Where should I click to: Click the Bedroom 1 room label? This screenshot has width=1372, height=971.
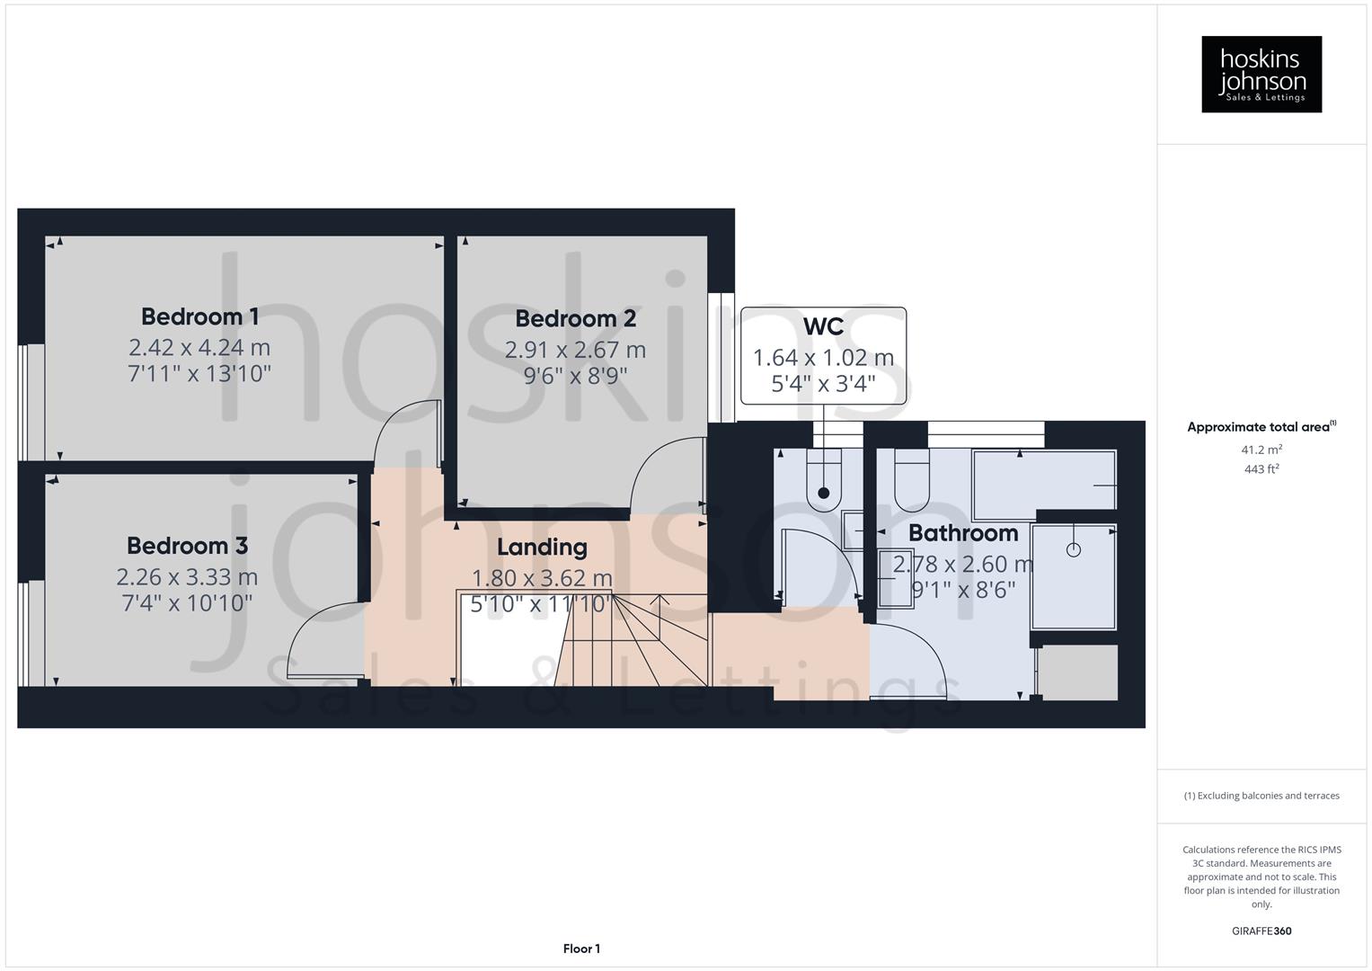(199, 316)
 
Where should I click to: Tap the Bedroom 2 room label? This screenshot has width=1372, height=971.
(575, 319)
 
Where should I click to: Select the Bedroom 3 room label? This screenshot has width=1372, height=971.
(187, 546)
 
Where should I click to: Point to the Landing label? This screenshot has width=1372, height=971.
(542, 547)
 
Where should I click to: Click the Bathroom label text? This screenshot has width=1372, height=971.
(962, 533)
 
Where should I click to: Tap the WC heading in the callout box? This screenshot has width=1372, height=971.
(823, 326)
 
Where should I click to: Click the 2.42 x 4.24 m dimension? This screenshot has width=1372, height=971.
(199, 347)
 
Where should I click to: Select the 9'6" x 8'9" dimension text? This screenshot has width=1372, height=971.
(575, 375)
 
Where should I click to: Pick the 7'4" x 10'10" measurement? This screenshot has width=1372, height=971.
(187, 602)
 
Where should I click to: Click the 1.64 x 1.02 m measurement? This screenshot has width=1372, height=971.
(823, 358)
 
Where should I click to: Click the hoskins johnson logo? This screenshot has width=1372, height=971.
(1261, 74)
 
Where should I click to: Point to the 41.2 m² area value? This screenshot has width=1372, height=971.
(1261, 450)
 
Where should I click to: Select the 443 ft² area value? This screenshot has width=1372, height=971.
(1261, 469)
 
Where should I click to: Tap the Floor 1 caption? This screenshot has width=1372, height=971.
(581, 949)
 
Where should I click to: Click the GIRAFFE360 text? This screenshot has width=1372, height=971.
(1261, 931)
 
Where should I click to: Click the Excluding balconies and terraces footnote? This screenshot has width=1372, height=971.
(1261, 796)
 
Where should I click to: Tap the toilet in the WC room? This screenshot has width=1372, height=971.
(823, 481)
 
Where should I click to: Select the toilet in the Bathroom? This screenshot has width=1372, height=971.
(913, 481)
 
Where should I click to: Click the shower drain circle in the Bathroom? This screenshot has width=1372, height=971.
(1072, 549)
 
